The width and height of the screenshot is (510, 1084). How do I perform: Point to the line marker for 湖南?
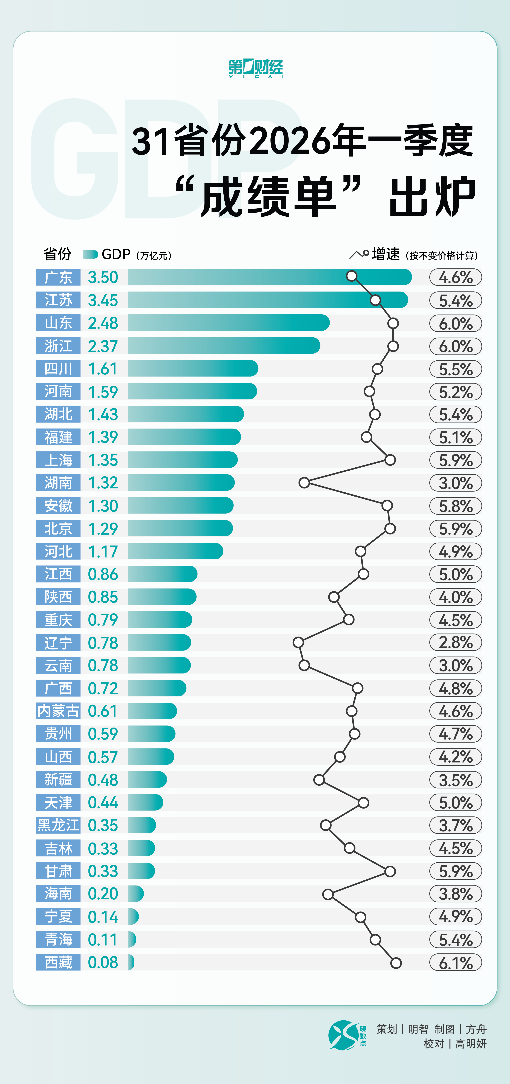pyautogui.click(x=304, y=483)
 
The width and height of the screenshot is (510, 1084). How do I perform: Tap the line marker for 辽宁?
pyautogui.click(x=298, y=642)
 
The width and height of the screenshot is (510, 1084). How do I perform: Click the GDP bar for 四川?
pyautogui.click(x=193, y=369)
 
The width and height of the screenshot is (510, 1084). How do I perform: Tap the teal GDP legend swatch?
pyautogui.click(x=90, y=254)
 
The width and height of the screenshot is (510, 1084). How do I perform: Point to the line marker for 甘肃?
pyautogui.click(x=390, y=871)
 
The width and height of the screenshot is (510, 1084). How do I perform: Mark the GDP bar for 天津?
pyautogui.click(x=145, y=802)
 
